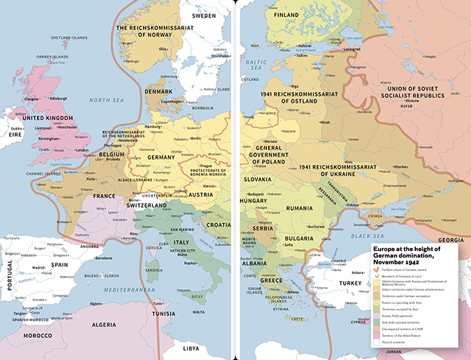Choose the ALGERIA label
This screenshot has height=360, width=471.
point(103,325)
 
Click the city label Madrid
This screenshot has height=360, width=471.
point(38,268)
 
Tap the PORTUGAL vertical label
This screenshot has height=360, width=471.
point(10,278)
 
